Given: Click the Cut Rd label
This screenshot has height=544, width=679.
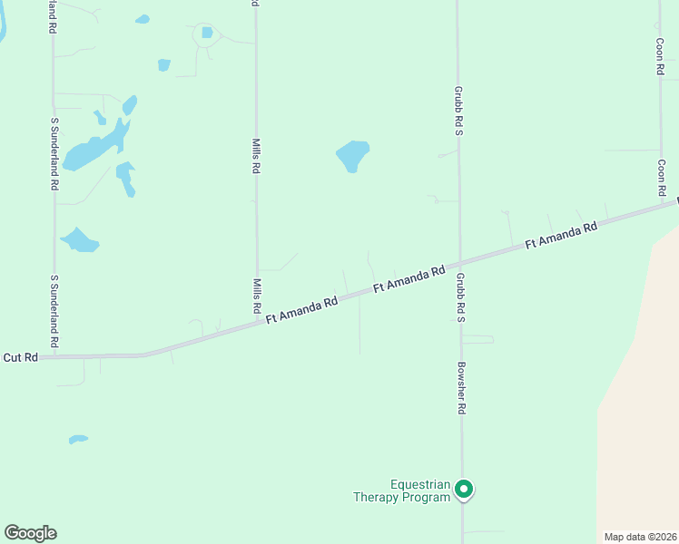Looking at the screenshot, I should [x=20, y=357].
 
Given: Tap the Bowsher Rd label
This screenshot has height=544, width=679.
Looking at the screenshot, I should [x=461, y=388].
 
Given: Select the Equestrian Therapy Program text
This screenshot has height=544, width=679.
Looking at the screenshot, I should [x=402, y=491].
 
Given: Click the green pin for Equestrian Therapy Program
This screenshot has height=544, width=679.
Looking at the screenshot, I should [x=464, y=490].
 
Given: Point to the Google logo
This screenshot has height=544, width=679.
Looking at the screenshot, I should [x=30, y=533].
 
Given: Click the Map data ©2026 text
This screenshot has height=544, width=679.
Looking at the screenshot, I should [x=640, y=536].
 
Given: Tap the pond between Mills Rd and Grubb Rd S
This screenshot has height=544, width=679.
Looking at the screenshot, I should [x=353, y=155].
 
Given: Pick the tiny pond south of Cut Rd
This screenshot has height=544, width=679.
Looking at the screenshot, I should [x=78, y=440].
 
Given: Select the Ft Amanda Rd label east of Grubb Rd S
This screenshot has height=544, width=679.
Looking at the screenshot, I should [x=561, y=235].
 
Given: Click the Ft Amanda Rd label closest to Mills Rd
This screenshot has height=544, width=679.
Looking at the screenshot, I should [x=301, y=310].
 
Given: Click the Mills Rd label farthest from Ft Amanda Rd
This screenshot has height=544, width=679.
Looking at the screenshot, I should [x=257, y=155].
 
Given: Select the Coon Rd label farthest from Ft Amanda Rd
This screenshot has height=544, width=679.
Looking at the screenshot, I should [x=661, y=56].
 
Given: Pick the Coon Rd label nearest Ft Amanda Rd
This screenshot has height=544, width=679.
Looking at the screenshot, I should [x=663, y=178].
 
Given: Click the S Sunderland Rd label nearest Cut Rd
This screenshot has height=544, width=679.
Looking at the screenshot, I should [x=54, y=312].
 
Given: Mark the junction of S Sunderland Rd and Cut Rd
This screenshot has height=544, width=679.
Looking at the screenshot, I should [x=54, y=356].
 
